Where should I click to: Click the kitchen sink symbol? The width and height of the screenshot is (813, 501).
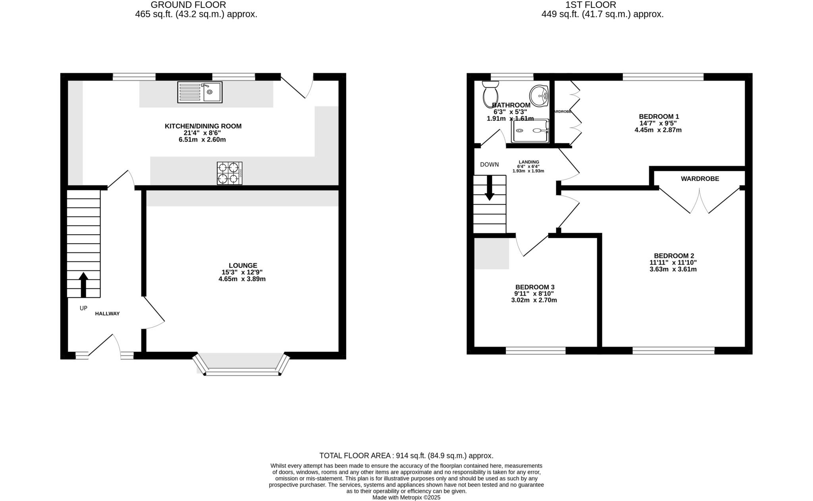(200, 92)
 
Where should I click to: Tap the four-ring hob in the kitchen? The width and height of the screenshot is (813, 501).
(229, 173)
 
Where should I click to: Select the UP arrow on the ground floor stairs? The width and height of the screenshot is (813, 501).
(83, 284)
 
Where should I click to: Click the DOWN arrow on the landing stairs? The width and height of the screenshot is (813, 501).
(489, 187)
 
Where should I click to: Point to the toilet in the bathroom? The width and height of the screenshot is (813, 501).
(491, 94)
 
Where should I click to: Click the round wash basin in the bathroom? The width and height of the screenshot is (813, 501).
(539, 96)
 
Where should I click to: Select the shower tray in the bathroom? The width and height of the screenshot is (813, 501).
(530, 131)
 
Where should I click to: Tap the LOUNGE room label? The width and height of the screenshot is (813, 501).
(243, 265)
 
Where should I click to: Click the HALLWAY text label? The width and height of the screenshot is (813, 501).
(107, 314)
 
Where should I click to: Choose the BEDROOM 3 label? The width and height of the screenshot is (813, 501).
(534, 287)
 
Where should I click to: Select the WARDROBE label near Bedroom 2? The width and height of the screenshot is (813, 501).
(699, 179)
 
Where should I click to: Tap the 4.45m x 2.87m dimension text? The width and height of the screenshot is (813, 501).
(658, 130)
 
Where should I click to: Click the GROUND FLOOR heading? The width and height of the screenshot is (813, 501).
(188, 5)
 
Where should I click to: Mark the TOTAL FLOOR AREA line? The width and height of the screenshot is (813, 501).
(406, 455)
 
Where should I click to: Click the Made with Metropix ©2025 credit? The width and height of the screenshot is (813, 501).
(406, 497)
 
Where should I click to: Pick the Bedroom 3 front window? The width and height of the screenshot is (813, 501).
(535, 350)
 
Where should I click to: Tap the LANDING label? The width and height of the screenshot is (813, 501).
(529, 162)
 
